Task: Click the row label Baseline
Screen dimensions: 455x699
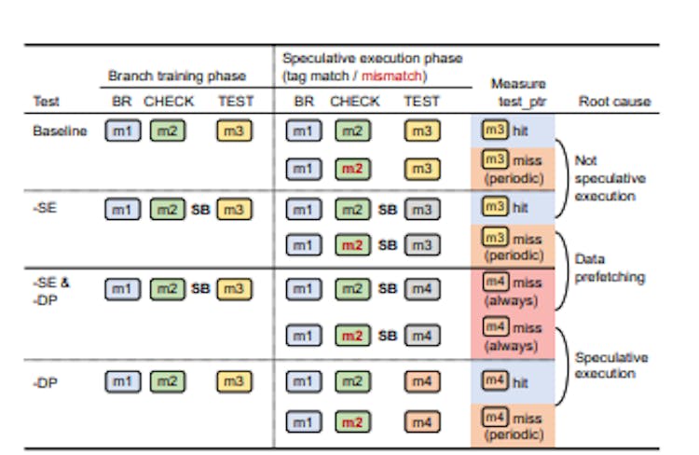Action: click(x=60, y=131)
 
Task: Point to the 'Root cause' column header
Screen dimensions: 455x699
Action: click(x=614, y=101)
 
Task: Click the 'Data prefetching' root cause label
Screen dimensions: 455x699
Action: click(x=609, y=269)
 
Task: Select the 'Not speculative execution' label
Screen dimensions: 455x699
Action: click(x=610, y=177)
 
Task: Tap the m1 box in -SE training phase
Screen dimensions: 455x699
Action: click(x=122, y=211)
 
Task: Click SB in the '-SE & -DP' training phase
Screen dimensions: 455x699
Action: click(x=200, y=289)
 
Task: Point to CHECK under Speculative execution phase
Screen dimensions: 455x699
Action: click(x=355, y=102)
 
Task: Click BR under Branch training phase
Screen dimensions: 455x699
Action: click(x=121, y=102)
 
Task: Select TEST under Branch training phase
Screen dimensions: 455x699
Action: click(x=235, y=102)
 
